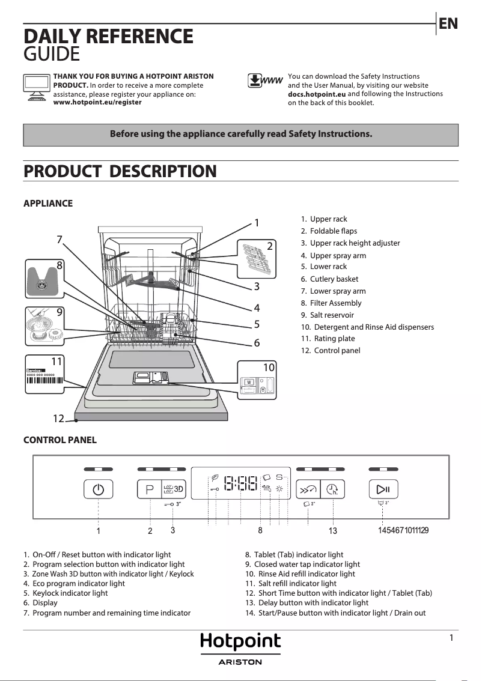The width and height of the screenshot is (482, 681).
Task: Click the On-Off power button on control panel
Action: coord(98,489)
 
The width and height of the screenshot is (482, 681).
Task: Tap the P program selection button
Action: coord(150,489)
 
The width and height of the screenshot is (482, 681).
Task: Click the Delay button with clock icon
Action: coord(332,489)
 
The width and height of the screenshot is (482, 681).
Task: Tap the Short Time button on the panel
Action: coord(308,489)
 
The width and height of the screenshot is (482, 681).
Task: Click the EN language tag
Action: coord(448,23)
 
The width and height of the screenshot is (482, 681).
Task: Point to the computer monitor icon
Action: coord(36,88)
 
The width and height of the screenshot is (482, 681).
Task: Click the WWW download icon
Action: coord(265,81)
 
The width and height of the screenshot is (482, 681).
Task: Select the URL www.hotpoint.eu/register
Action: coord(97,103)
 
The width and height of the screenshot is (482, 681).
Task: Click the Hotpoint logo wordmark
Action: coord(240,642)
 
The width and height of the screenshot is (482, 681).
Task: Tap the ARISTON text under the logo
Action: coord(240,662)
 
